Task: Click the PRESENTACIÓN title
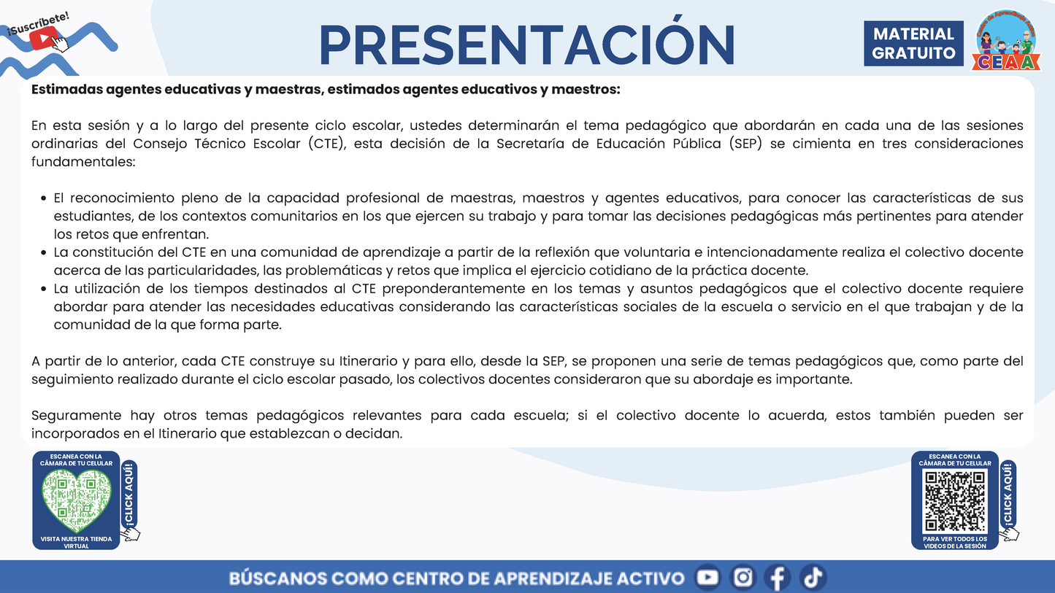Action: coord(526,45)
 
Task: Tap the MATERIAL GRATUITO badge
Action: coord(913,44)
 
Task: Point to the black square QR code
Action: coord(955,501)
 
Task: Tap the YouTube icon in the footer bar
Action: coord(707,578)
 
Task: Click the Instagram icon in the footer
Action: coord(743,578)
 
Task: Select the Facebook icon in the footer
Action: coord(778,578)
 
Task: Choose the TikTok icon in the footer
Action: coord(812,578)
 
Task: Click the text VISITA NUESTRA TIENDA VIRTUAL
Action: coord(76,542)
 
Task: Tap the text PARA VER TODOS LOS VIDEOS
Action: coord(955,542)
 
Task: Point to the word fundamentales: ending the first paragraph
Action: coord(83,162)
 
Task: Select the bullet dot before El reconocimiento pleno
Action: coord(45,198)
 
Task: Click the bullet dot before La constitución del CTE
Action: coord(45,253)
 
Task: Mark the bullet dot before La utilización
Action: coord(45,290)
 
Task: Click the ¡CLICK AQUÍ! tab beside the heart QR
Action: coord(129,495)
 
